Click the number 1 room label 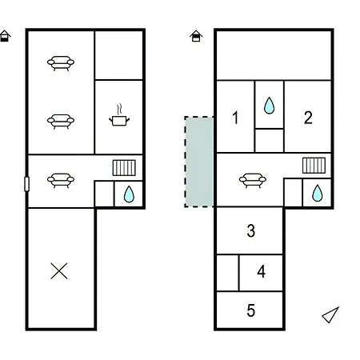[x=235, y=118]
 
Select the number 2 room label [x=308, y=118]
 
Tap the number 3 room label [x=251, y=231]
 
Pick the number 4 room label [x=261, y=271]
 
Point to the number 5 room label [x=251, y=310]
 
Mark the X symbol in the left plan [x=59, y=271]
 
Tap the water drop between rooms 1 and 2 [x=269, y=106]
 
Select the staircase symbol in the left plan [x=124, y=168]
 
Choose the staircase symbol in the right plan [x=314, y=166]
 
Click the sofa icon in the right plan [x=253, y=181]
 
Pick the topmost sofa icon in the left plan [x=61, y=63]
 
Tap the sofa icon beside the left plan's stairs [x=61, y=181]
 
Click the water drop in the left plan [x=129, y=194]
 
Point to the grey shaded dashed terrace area [x=199, y=162]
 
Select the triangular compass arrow [x=330, y=315]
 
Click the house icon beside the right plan [x=196, y=36]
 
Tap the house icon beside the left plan [x=5, y=36]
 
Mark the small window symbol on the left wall [x=26, y=184]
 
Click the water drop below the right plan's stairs [x=318, y=193]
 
